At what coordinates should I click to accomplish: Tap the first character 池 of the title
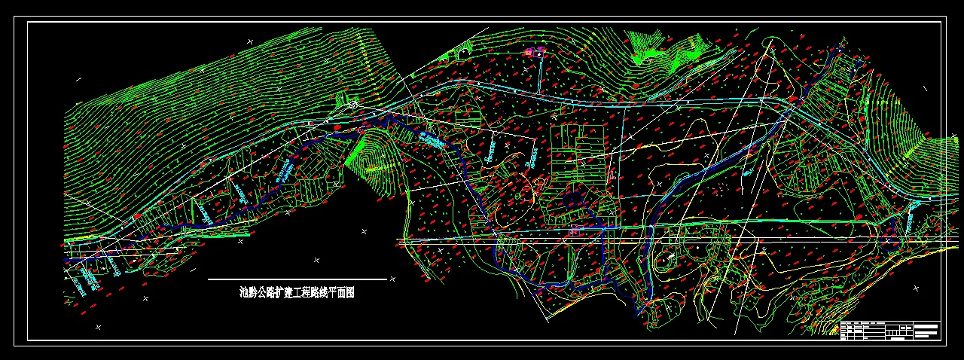(x=243, y=293)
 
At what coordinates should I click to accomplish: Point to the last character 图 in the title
(x=349, y=293)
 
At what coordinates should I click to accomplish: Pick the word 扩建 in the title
(x=285, y=293)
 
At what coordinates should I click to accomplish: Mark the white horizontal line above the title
(x=297, y=279)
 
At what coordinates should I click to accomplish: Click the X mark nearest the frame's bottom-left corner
(x=98, y=326)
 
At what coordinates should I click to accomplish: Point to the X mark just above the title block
(x=916, y=288)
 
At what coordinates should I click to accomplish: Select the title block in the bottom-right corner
(x=889, y=331)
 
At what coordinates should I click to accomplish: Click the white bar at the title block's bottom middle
(x=896, y=339)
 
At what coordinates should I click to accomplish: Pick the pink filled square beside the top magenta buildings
(x=529, y=50)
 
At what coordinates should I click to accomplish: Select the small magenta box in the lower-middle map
(x=575, y=230)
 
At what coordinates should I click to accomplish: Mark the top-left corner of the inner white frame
(x=28, y=23)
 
